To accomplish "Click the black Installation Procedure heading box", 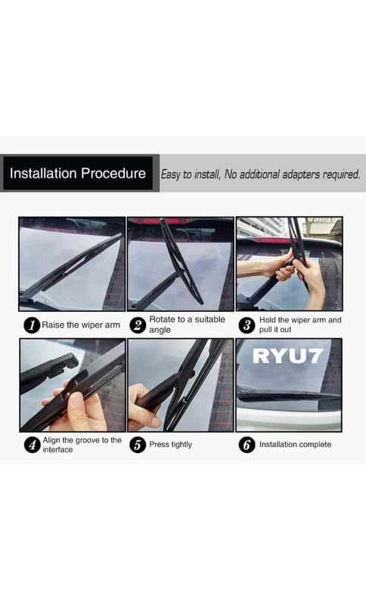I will click(x=78, y=174).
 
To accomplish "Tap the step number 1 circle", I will click(x=31, y=325).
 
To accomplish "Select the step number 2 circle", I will click(x=138, y=325).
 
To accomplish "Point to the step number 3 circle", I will click(x=247, y=325).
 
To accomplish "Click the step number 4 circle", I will click(x=31, y=445).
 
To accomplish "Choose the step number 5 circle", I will click(x=138, y=445).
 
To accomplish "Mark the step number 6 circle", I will click(x=247, y=445).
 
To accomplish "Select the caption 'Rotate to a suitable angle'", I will click(x=186, y=325).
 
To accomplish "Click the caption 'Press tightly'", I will click(x=170, y=445).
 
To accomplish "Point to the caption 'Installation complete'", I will click(x=295, y=445).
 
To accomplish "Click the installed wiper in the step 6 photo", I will click(x=287, y=395).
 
